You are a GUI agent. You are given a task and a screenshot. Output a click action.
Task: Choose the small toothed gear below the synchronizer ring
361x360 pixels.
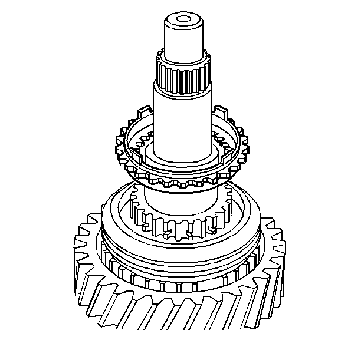tap(177, 221)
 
